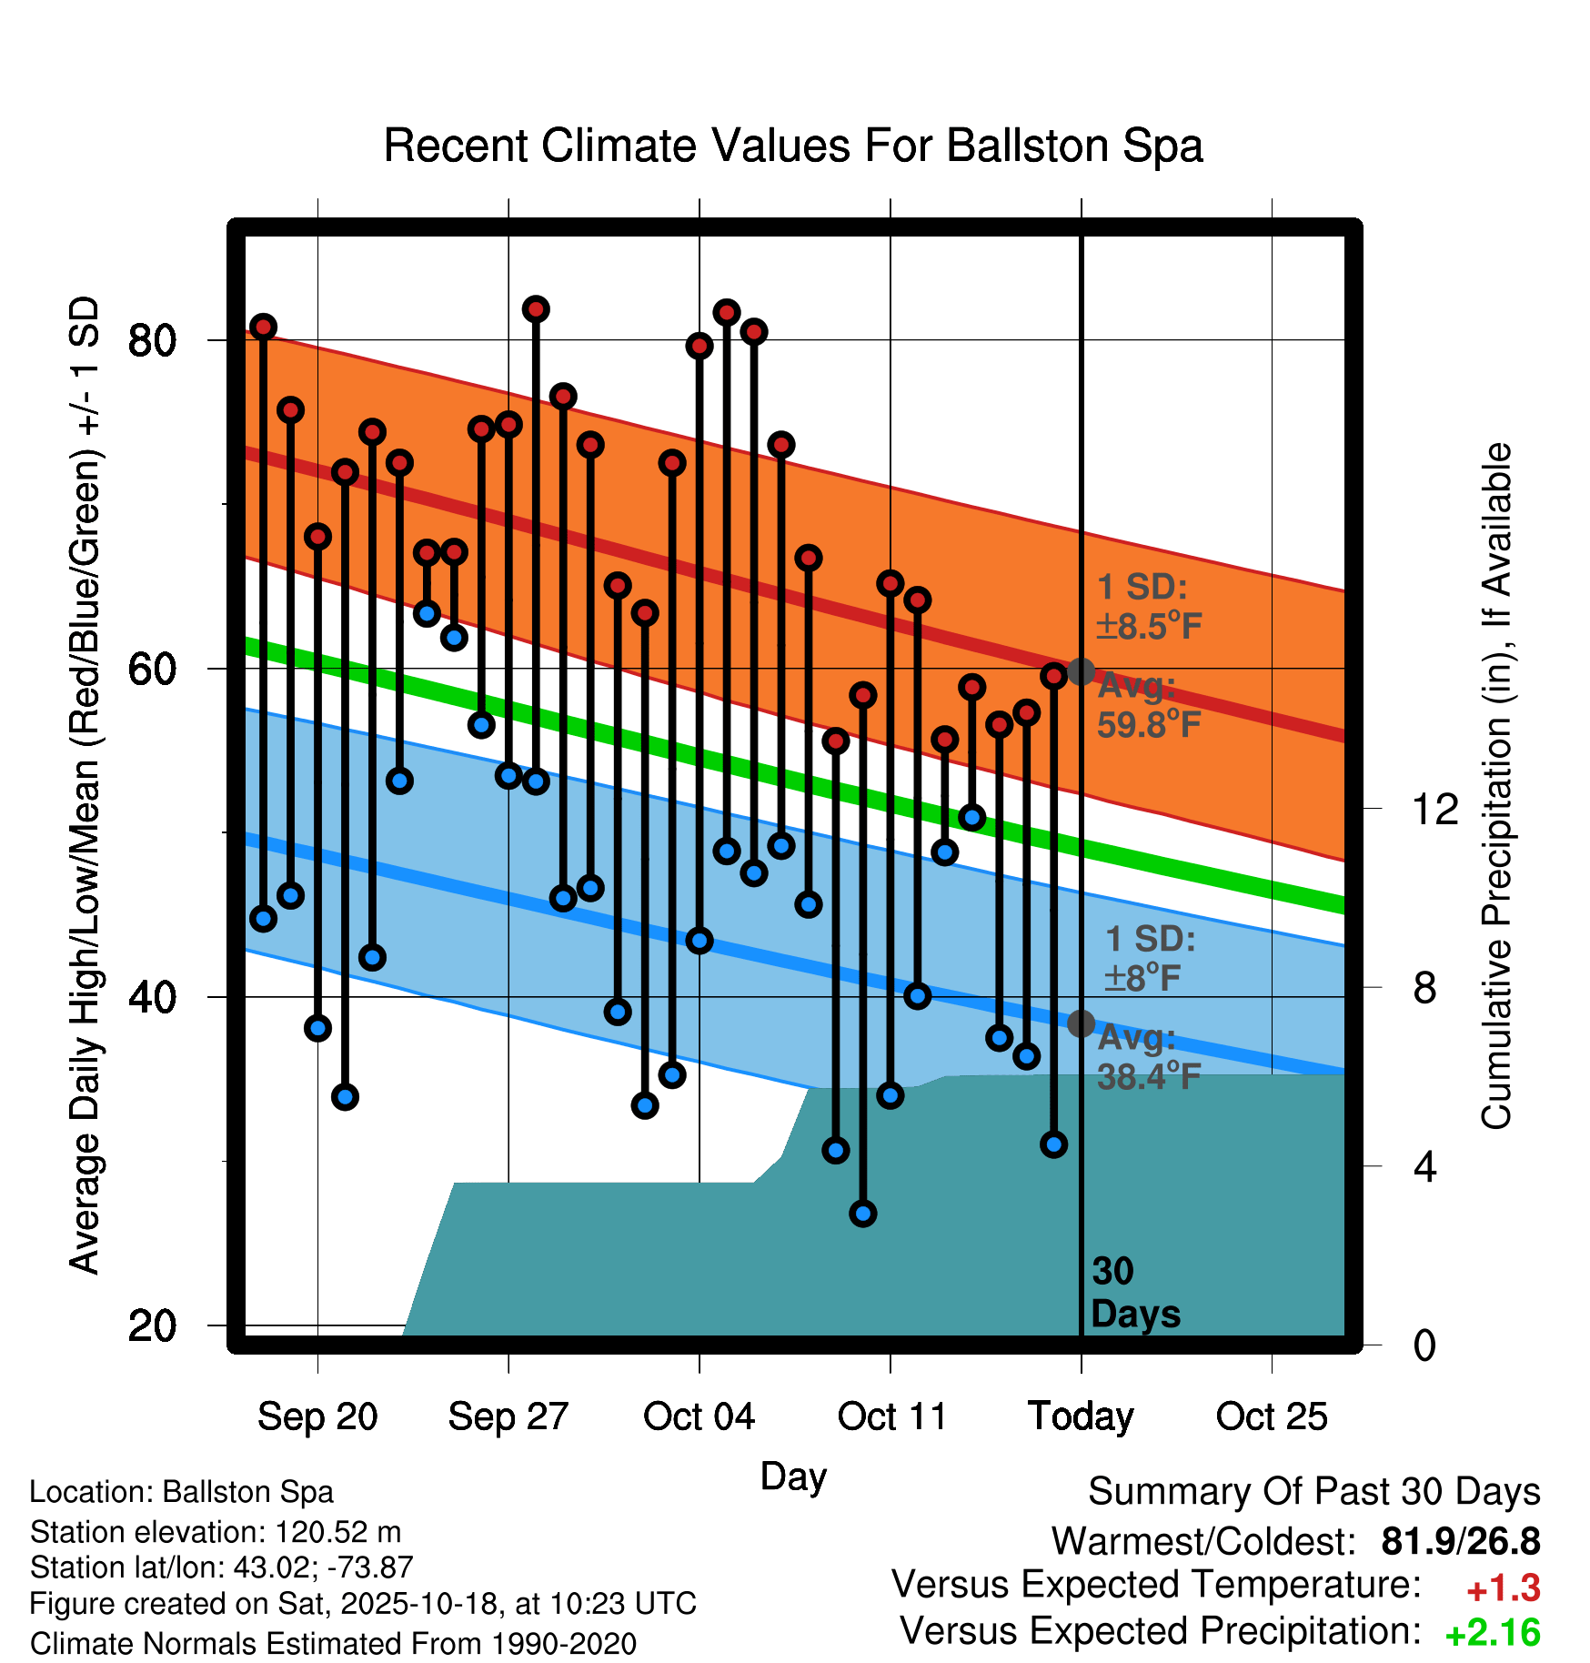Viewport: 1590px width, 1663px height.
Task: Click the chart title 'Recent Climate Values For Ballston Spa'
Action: (793, 146)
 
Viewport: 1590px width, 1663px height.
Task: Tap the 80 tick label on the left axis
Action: (152, 341)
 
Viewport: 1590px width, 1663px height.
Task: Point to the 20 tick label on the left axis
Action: (152, 1326)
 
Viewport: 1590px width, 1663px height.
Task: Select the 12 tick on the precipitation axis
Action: (1435, 809)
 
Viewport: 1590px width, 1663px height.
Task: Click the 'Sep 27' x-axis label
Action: (508, 1416)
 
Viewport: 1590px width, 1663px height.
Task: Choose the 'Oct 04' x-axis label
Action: (699, 1416)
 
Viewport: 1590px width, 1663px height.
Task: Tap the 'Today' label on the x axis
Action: (1081, 1416)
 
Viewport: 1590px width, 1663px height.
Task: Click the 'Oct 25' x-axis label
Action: (1272, 1416)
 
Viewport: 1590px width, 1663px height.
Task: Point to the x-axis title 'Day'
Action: (793, 1476)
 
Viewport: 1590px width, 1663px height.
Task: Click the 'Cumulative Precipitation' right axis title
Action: (1496, 787)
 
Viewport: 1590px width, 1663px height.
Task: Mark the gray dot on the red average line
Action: (1081, 671)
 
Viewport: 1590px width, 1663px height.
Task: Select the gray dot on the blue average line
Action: (1081, 1023)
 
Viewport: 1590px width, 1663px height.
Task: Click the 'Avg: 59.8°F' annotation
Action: (1148, 706)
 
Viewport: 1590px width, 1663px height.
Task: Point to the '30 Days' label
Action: (1133, 1293)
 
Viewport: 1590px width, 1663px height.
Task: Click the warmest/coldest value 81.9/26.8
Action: (1461, 1541)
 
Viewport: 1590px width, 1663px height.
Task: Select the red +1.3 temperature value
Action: (1503, 1588)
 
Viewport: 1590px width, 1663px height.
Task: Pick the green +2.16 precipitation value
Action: (1493, 1633)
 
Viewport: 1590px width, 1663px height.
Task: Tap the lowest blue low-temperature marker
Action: (862, 1213)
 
